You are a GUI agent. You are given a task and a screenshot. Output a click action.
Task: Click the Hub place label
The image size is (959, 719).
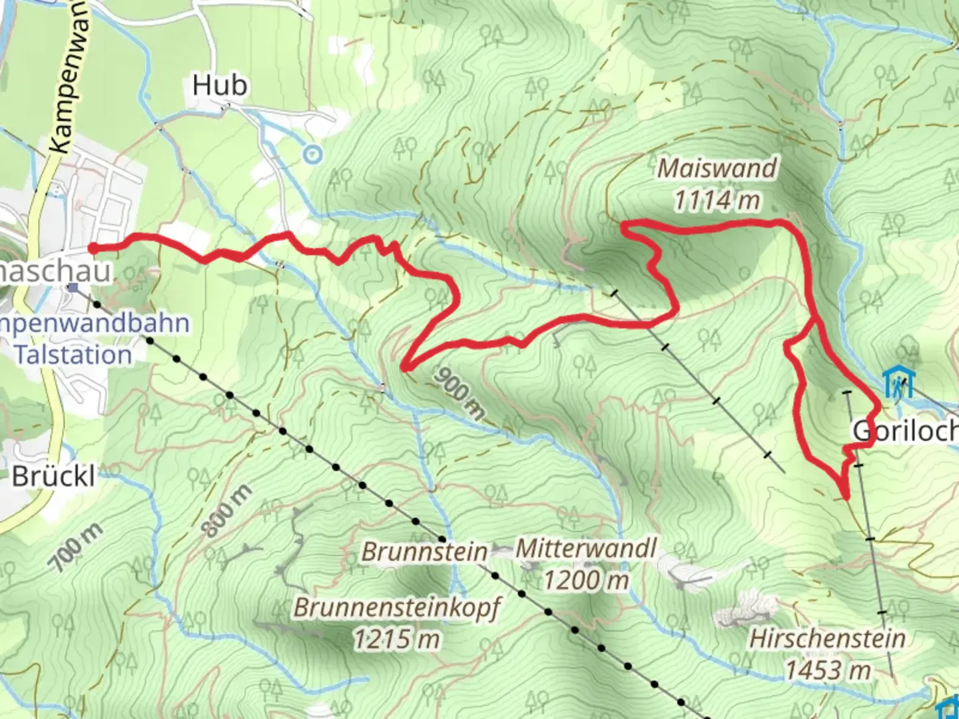tap(220, 86)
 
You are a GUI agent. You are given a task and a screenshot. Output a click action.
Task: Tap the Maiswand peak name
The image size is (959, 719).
tap(717, 168)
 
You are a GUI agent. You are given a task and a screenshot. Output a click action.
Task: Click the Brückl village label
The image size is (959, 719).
tap(53, 477)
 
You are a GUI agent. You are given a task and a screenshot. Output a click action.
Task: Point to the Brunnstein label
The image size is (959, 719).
tap(424, 552)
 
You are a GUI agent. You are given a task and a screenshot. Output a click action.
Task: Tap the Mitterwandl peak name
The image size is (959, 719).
tap(586, 549)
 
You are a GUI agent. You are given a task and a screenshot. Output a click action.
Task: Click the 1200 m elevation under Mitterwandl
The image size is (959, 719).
tap(586, 581)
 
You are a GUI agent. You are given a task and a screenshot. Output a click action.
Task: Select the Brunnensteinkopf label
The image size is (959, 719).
tap(397, 608)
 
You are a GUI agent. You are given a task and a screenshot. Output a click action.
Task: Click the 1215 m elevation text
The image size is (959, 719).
tap(397, 640)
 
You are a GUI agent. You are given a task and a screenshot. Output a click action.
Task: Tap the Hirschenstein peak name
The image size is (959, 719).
tap(827, 638)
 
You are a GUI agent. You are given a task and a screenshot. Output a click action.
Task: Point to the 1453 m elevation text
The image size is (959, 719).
tap(827, 670)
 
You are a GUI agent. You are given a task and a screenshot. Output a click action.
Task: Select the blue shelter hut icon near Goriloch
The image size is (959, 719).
tap(898, 383)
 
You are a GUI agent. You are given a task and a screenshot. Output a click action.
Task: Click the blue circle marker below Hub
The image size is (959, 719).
tap(312, 155)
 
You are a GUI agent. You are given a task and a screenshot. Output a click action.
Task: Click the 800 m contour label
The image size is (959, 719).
tap(227, 511)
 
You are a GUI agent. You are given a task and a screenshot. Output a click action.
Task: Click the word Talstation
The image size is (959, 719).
tap(73, 355)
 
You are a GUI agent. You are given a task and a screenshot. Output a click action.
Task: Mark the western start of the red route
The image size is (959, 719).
tap(92, 248)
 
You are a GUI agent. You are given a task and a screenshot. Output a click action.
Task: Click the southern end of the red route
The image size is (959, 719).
tap(846, 497)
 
